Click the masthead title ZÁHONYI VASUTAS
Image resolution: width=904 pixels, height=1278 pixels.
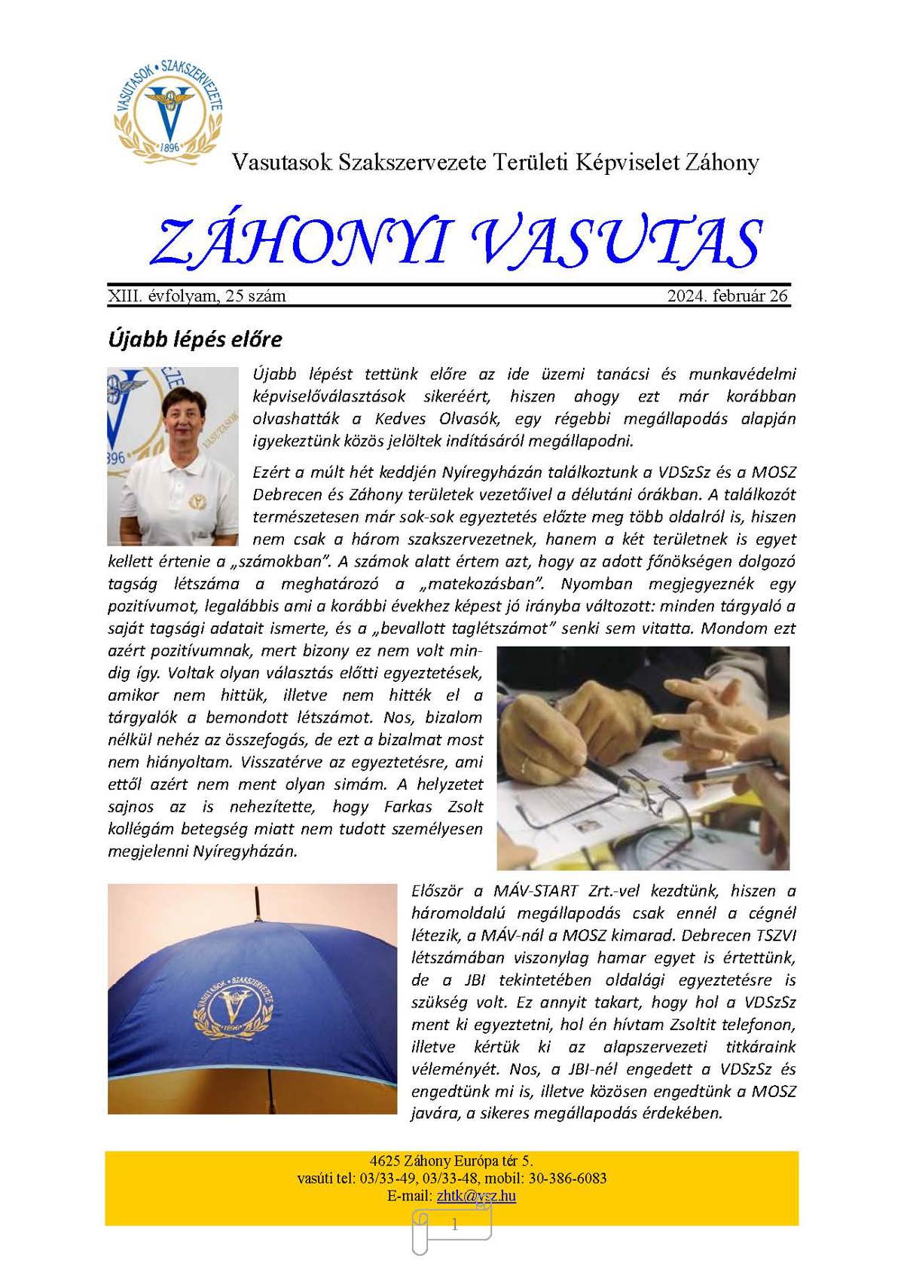[x=456, y=243]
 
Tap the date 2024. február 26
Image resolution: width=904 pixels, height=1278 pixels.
[x=727, y=296]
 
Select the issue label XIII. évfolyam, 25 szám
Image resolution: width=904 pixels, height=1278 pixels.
[x=197, y=296]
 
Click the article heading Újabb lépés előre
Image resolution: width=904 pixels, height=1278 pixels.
[x=195, y=339]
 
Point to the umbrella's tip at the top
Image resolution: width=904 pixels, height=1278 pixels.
[x=258, y=897]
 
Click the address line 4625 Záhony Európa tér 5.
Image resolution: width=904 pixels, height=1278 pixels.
[x=451, y=1160]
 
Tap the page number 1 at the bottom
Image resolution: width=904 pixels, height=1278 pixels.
[x=454, y=1225]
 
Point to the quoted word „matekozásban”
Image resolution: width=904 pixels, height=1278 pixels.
[x=476, y=584]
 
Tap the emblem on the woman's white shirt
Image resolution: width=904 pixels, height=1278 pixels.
[x=197, y=501]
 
